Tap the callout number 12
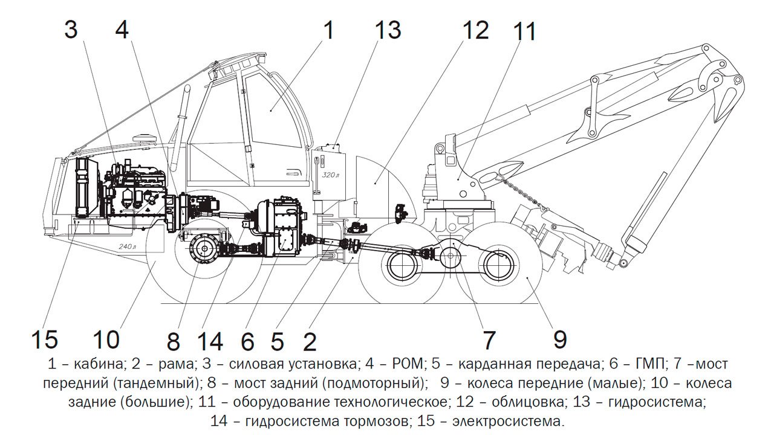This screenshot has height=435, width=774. point(476,30)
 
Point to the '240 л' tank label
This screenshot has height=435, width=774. point(128,246)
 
